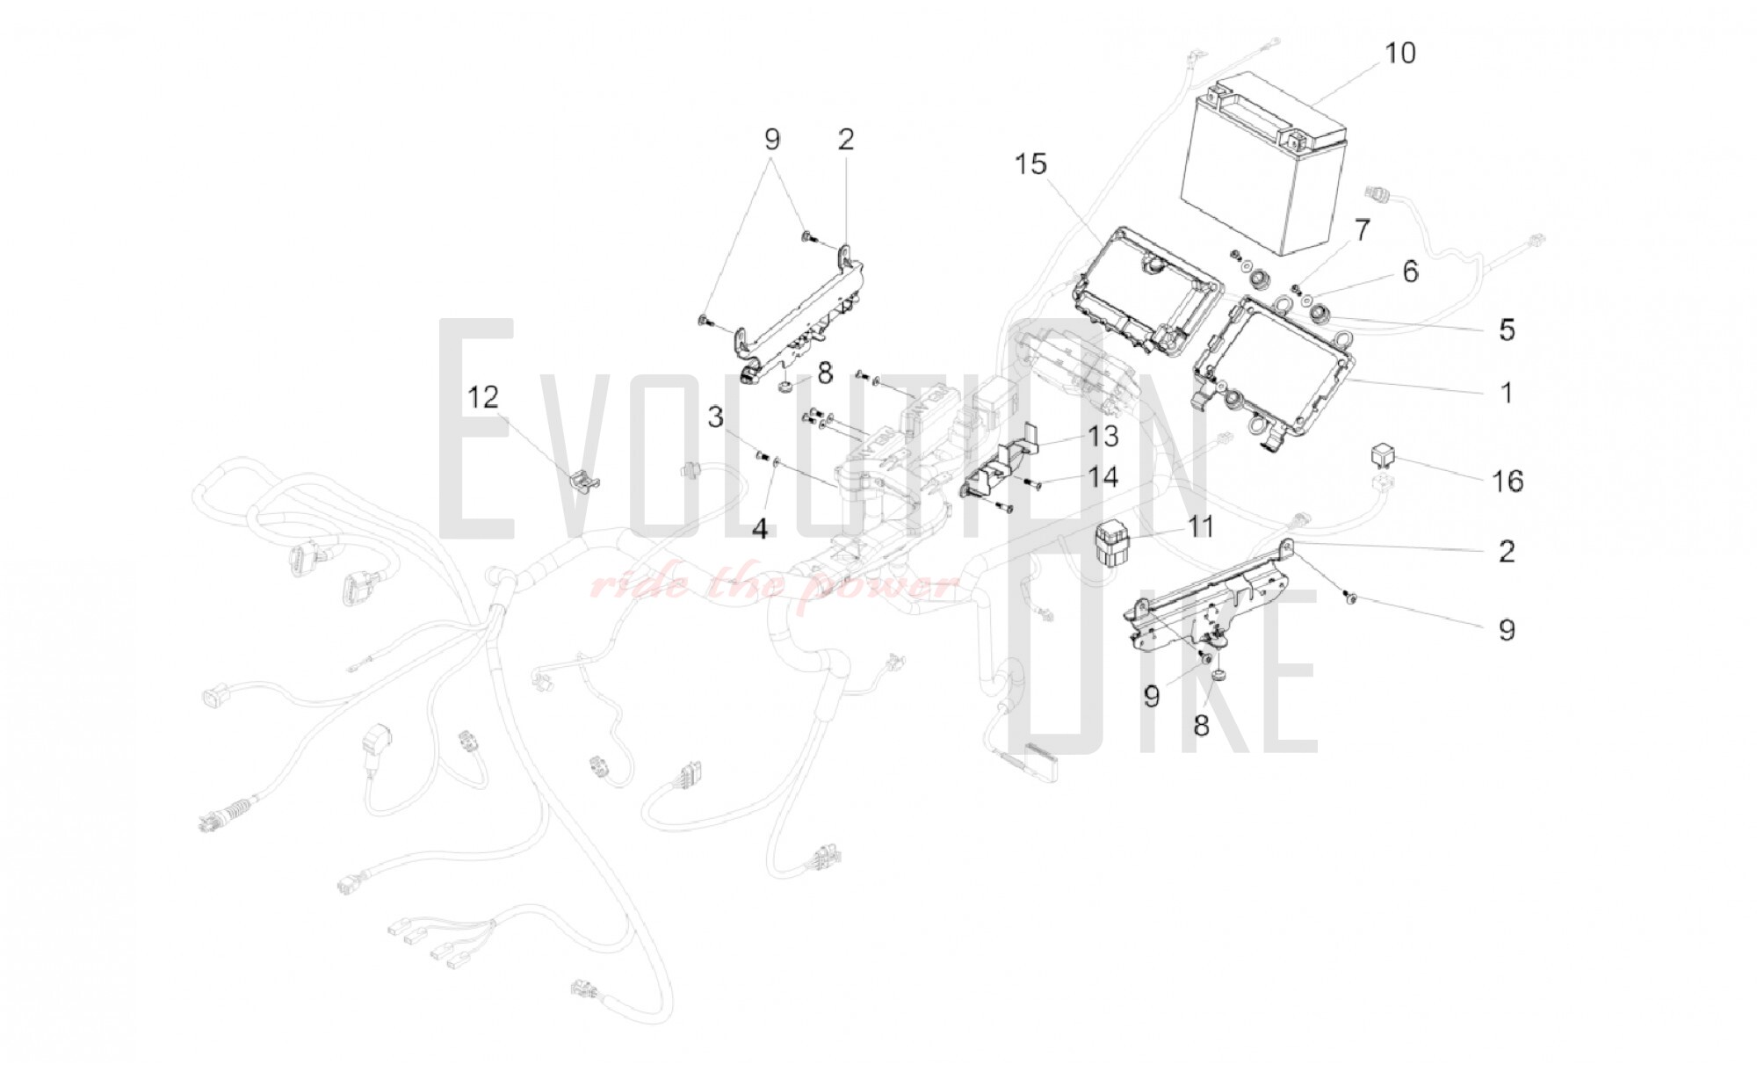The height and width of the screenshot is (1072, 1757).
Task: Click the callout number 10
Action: [x=1400, y=53]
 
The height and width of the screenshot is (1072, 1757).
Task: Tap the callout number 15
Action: [x=1031, y=164]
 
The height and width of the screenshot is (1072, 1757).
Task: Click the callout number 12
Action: [x=482, y=398]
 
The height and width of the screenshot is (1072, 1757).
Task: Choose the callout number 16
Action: [x=1508, y=481]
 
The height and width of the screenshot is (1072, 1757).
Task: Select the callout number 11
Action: [x=1200, y=527]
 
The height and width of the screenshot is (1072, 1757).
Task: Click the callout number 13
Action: [x=1103, y=437]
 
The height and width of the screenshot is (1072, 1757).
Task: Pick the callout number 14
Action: [x=1103, y=477]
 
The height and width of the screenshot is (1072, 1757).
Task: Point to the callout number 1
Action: [x=1506, y=392]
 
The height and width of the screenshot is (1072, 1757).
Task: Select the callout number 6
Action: [x=1410, y=272]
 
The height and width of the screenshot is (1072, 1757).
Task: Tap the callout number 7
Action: [x=1361, y=230]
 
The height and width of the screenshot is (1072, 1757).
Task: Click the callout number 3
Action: [x=716, y=417]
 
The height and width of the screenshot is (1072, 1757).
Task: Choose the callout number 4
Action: [x=760, y=529]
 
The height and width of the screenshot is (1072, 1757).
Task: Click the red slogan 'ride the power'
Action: [x=773, y=583]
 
